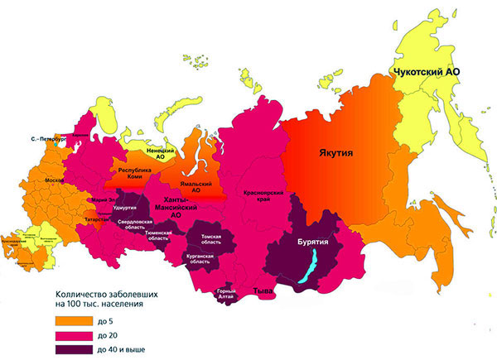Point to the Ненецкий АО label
[x=160, y=155]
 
